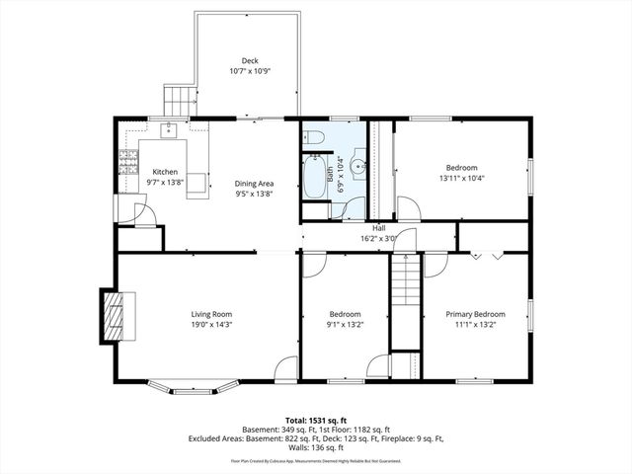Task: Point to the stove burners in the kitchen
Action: coord(126,160)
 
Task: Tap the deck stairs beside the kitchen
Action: coord(179,100)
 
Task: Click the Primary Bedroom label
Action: coord(474,315)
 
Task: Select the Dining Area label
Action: coord(254,184)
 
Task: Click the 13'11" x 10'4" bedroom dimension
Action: coord(461,179)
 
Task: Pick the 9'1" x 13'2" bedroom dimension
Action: coord(345,325)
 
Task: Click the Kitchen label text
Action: coord(165,172)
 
